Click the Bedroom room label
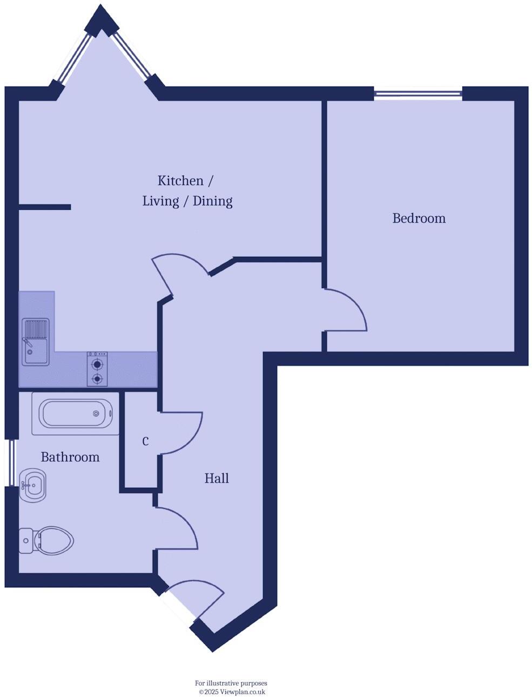click(x=419, y=218)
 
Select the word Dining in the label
click(x=213, y=201)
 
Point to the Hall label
click(x=217, y=478)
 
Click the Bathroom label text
click(x=70, y=457)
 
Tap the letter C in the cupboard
click(x=145, y=442)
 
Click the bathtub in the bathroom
click(x=76, y=414)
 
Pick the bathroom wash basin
click(x=32, y=484)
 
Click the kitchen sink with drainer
click(x=36, y=342)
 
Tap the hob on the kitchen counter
click(x=97, y=369)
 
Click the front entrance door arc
click(x=203, y=589)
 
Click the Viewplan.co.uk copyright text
click(x=232, y=692)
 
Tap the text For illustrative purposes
click(x=231, y=683)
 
